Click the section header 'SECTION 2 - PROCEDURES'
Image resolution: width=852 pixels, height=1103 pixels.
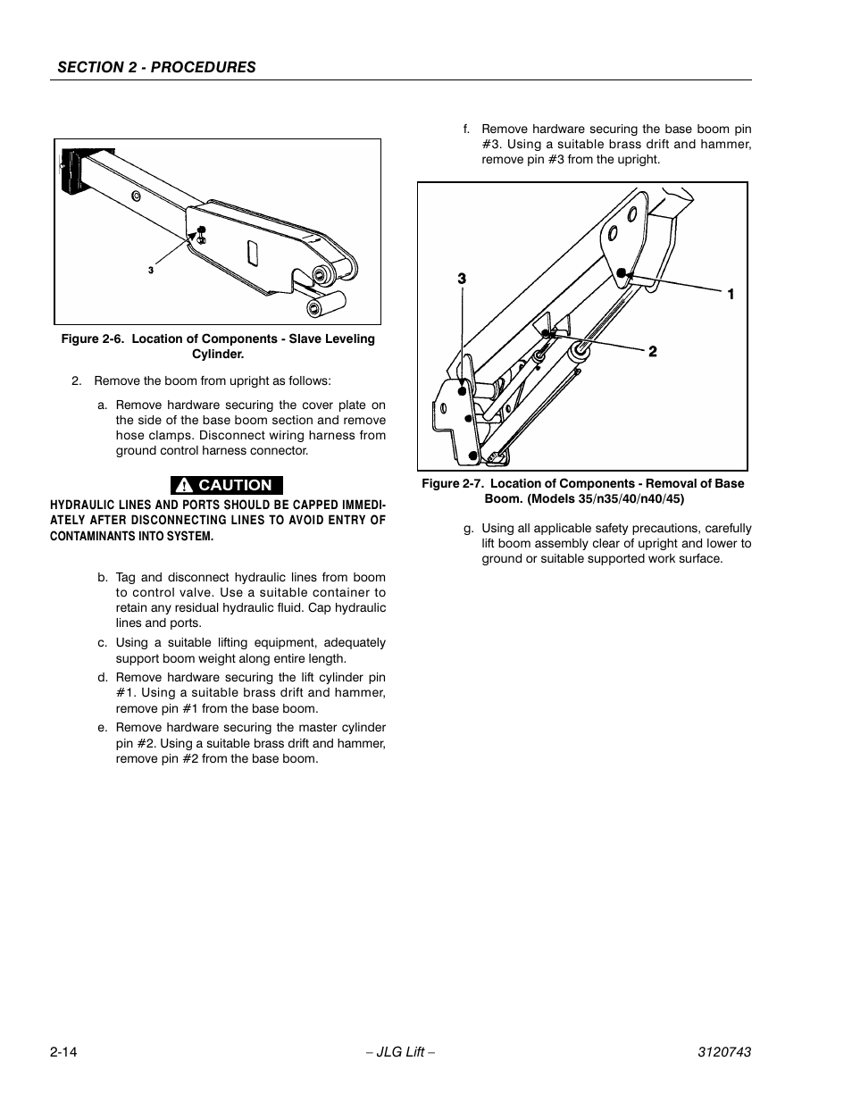tap(157, 67)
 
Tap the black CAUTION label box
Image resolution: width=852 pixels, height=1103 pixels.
tap(227, 485)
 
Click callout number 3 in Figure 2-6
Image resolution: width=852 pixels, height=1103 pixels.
tap(151, 270)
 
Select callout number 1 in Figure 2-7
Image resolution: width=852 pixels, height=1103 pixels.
tap(730, 294)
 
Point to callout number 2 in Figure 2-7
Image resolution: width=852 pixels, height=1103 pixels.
tap(653, 352)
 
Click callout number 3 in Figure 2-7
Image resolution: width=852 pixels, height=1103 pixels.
tap(462, 279)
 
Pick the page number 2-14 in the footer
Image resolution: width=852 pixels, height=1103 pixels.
tap(64, 1052)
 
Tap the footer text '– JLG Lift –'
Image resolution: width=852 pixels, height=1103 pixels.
tap(400, 1052)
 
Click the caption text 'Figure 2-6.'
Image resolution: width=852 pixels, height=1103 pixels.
tap(92, 339)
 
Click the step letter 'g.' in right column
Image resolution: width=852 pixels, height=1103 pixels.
tap(468, 528)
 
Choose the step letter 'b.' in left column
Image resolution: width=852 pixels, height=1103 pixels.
tap(103, 578)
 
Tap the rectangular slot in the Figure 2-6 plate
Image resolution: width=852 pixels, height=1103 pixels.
tap(254, 254)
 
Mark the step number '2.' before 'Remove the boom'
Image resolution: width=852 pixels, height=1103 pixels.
tap(77, 380)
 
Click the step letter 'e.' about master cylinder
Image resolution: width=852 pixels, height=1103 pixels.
tap(103, 728)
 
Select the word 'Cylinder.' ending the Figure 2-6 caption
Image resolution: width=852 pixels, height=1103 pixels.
tap(218, 355)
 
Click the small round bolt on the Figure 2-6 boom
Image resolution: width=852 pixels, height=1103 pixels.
tap(136, 195)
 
